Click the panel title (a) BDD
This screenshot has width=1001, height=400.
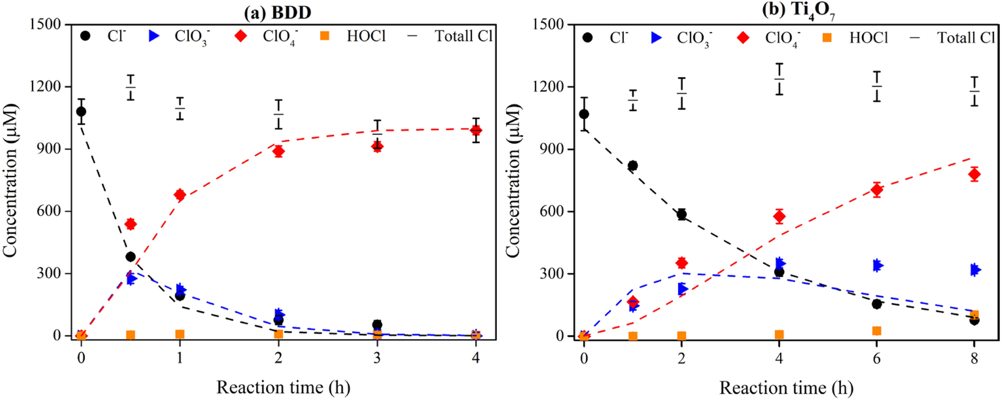point(278,12)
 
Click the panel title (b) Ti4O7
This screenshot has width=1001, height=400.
point(798,11)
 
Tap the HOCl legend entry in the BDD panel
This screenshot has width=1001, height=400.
point(366,36)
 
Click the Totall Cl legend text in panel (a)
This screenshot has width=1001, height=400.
point(463,36)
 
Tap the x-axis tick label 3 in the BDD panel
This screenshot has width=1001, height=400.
point(377,357)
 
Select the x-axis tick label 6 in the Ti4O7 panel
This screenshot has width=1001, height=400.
point(876,358)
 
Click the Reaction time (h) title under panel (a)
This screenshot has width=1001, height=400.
point(283,387)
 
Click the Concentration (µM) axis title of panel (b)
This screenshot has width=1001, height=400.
point(513,181)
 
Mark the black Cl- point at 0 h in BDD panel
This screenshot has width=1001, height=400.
point(81,111)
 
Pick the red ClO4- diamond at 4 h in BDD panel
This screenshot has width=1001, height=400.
point(476,130)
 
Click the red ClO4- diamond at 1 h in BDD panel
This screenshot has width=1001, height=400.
point(180,195)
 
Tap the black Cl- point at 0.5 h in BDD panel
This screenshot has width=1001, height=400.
point(131,256)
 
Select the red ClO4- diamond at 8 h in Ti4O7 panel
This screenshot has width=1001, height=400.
point(974,174)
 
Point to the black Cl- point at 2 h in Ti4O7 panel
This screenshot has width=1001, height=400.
point(681,214)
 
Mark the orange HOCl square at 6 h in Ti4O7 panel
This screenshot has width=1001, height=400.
point(876,331)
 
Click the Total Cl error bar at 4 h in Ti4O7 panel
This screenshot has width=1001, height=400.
point(779,79)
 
